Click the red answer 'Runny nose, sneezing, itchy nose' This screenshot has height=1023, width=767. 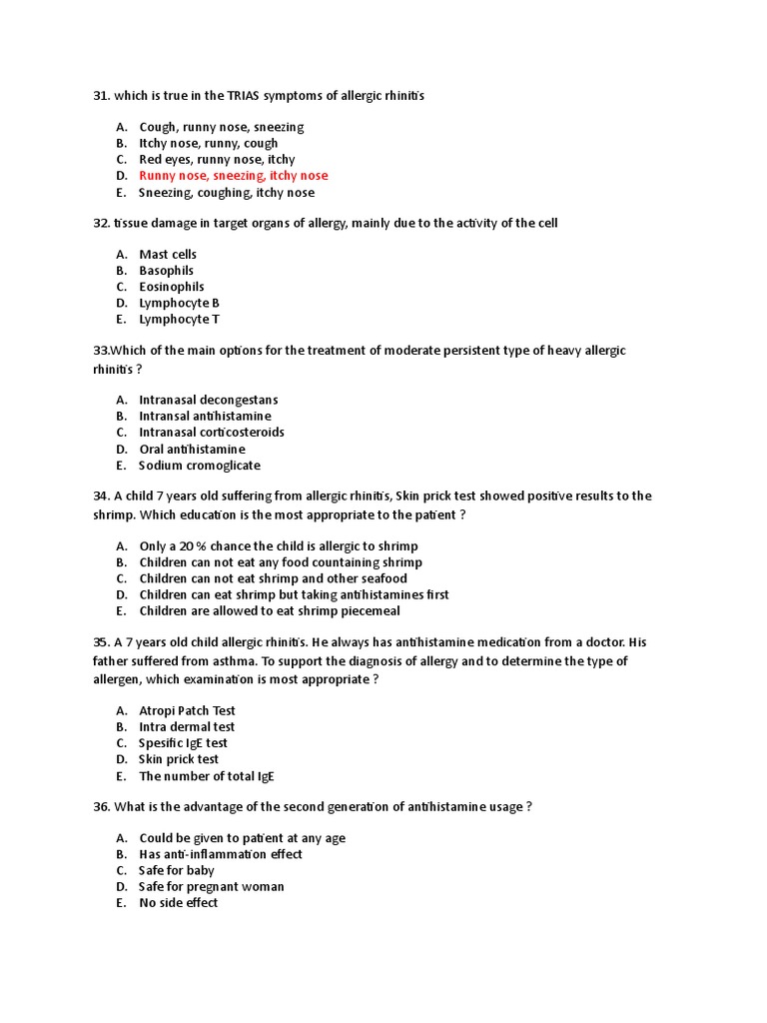point(233,176)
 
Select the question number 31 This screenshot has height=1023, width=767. point(101,95)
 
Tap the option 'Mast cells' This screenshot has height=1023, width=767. point(168,255)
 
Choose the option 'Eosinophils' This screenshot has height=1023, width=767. point(171,287)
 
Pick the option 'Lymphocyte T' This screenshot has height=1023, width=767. point(179,320)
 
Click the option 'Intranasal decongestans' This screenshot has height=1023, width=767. point(209,400)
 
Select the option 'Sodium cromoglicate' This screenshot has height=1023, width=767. point(199,466)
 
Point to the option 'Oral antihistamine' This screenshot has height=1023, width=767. point(192,450)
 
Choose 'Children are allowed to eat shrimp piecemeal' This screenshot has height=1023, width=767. point(270,611)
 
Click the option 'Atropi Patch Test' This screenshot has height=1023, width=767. point(187,710)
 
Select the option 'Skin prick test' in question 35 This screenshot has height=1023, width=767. point(179,759)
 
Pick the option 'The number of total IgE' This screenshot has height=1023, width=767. point(207,776)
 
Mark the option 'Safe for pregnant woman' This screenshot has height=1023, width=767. point(212,887)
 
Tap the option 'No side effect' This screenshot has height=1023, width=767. point(178,903)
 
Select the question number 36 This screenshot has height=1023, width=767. point(101,806)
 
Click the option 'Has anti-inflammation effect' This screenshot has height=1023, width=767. point(221,854)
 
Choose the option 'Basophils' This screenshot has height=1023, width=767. point(167,271)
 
